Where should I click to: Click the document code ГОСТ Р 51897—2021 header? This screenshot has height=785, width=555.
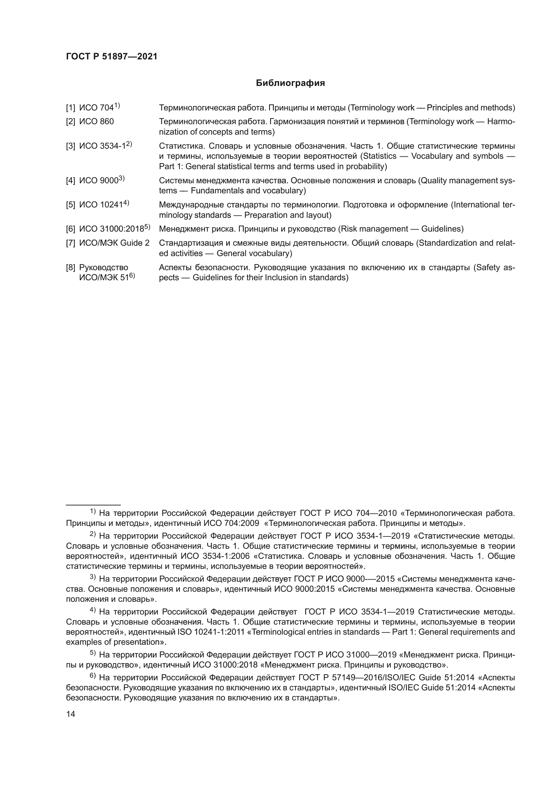pos(111,57)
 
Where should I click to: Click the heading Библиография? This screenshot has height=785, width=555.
pos(290,83)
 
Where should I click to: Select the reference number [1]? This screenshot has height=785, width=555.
pos(70,108)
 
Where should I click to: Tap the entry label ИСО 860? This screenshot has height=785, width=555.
pos(96,122)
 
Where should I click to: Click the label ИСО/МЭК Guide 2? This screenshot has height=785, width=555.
pos(114,243)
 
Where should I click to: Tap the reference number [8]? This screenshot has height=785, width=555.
pos(70,267)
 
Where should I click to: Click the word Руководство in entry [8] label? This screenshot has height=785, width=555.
pos(104,267)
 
